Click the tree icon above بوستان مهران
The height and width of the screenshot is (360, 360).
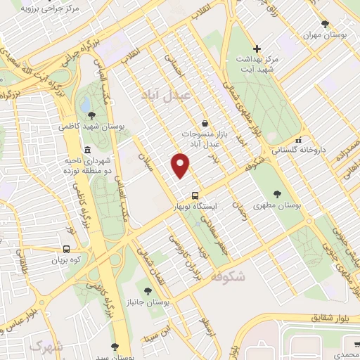[326, 22]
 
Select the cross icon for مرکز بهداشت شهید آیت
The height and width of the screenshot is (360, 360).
[257, 49]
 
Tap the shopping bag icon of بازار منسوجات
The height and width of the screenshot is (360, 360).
[205, 122]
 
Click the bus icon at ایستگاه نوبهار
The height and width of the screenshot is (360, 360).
[195, 196]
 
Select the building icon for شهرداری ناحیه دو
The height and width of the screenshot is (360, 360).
[86, 150]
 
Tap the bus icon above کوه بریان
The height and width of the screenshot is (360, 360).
[66, 248]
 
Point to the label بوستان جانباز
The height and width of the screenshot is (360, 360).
[147, 302]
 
